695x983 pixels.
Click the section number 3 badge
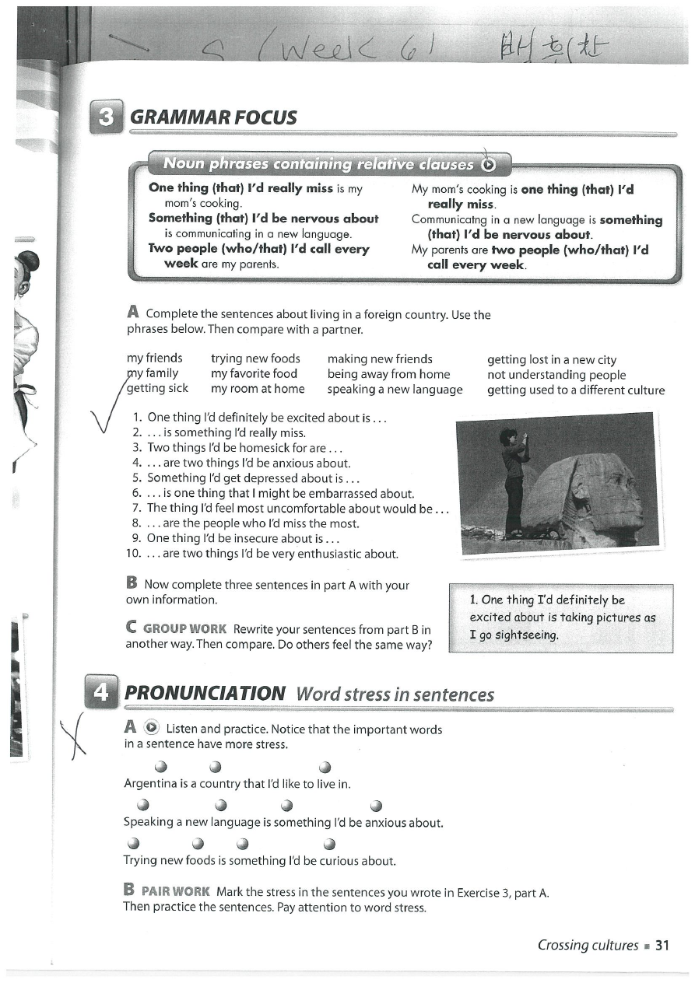[x=107, y=117]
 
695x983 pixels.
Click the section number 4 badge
[x=102, y=692]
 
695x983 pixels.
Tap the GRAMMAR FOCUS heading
[x=213, y=117]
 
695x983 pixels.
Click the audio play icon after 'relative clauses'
[x=488, y=164]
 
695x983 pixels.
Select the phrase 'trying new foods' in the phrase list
[x=255, y=359]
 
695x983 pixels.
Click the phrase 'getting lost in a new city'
[x=551, y=359]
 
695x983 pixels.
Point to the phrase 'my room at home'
[x=258, y=389]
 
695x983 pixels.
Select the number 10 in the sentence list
[x=132, y=554]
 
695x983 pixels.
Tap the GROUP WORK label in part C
[x=185, y=628]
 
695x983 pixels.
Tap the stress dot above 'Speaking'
[x=143, y=805]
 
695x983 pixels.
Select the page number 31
[x=662, y=945]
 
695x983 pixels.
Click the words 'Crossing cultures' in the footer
[x=588, y=945]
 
